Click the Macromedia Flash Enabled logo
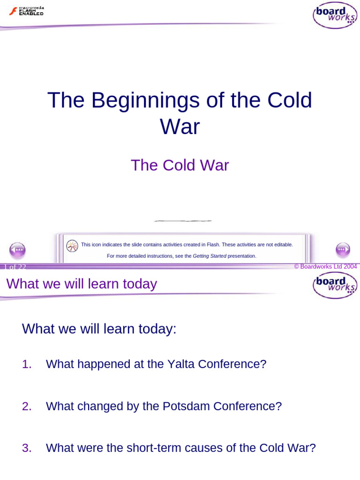coord(26,11)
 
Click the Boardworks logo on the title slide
coord(335,15)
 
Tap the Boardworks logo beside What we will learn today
coord(335,285)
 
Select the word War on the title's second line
coord(180,127)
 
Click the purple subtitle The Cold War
coord(180,165)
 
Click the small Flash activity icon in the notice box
coord(72,246)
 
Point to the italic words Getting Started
coord(210,256)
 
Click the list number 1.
coord(27,364)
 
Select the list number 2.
coord(27,406)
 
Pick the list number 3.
coord(27,448)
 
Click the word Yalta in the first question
coord(181,364)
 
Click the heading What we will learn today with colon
coord(99,329)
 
